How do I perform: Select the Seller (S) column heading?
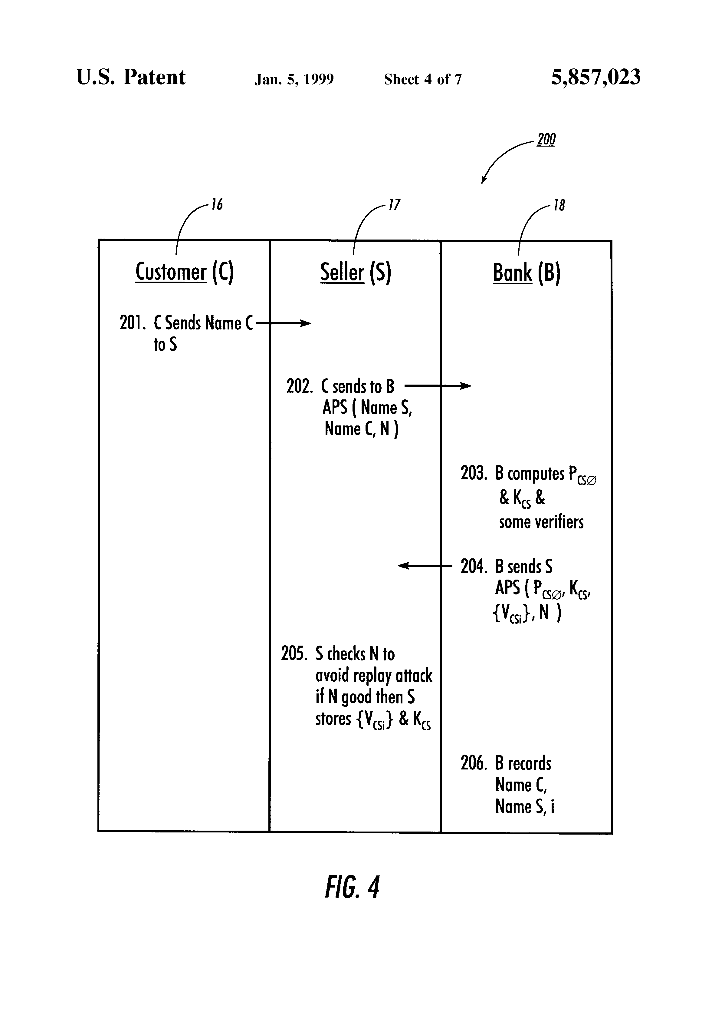click(x=356, y=272)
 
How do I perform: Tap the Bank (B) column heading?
click(x=526, y=273)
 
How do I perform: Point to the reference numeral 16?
click(x=217, y=205)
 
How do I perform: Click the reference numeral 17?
click(x=394, y=205)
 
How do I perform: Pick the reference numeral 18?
click(x=559, y=206)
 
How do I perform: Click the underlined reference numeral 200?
click(x=546, y=139)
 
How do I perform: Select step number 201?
click(x=132, y=323)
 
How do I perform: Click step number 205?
click(x=294, y=654)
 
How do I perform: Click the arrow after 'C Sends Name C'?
click(x=284, y=323)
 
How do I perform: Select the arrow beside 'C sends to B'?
click(x=438, y=386)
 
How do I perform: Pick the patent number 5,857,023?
click(x=595, y=77)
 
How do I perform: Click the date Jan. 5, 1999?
click(x=294, y=79)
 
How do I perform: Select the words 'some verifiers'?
click(x=541, y=522)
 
